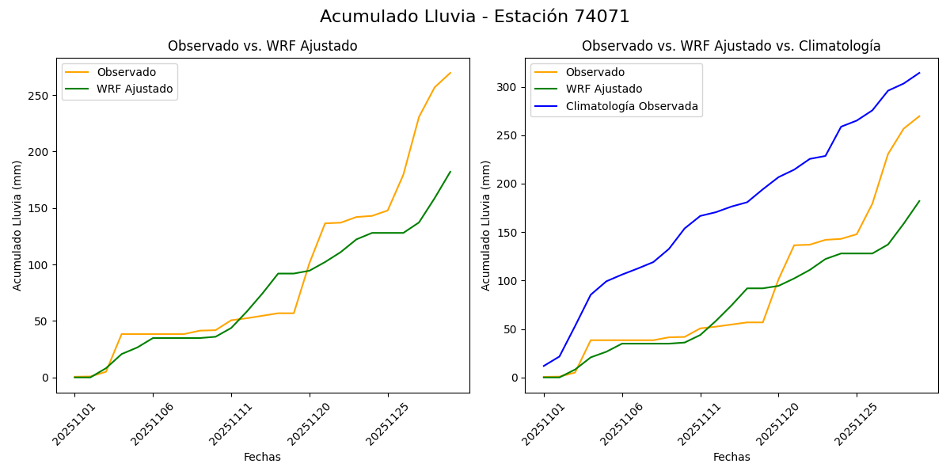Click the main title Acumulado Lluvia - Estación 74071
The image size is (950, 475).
pos(475,17)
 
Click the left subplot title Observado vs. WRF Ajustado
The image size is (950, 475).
pos(262,47)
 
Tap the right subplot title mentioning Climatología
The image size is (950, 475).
pos(731,47)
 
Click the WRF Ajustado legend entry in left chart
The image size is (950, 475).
pos(135,89)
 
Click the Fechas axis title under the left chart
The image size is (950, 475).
pos(262,457)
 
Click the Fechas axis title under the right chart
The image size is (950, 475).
pos(731,457)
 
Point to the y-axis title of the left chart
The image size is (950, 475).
pos(17,226)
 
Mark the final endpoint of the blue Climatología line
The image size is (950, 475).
pos(919,73)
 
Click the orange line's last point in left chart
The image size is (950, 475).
pos(450,73)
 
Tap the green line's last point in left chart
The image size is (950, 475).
pos(450,172)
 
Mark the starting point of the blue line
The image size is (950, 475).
pos(544,366)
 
